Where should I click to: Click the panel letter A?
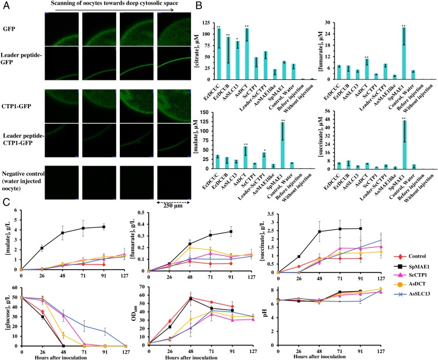[5, 6]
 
